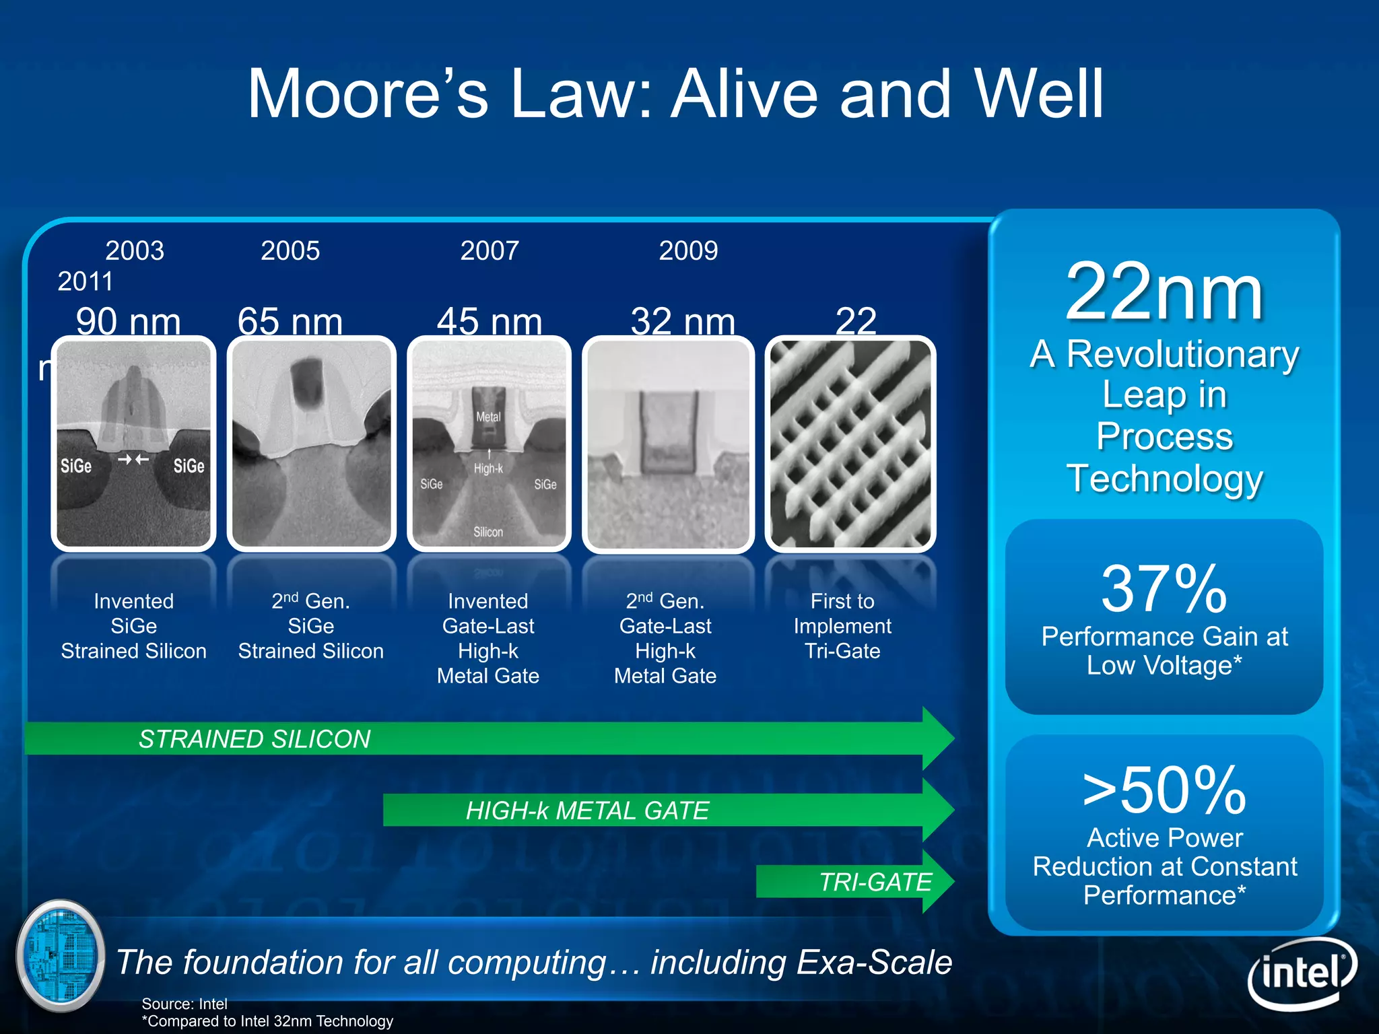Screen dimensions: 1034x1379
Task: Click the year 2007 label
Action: pyautogui.click(x=490, y=251)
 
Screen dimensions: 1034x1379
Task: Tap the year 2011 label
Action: pyautogui.click(x=85, y=281)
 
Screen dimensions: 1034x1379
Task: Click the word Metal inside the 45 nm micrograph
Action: pyautogui.click(x=488, y=417)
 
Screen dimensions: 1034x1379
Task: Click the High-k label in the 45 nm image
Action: pyautogui.click(x=488, y=469)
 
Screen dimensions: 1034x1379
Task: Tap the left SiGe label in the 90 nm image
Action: pyautogui.click(x=76, y=466)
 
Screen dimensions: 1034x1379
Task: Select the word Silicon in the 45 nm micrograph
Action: pyautogui.click(x=488, y=532)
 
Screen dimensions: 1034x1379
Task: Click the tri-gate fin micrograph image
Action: pyautogui.click(x=850, y=444)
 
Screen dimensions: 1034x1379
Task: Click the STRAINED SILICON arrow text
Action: pyautogui.click(x=255, y=739)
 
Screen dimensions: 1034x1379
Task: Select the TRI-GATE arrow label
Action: pyautogui.click(x=875, y=882)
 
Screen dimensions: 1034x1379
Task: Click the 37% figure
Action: pyautogui.click(x=1164, y=590)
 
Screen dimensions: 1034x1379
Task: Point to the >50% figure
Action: pyautogui.click(x=1164, y=790)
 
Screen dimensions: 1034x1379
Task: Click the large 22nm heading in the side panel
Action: pyautogui.click(x=1164, y=293)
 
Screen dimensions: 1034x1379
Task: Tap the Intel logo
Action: pyautogui.click(x=1302, y=973)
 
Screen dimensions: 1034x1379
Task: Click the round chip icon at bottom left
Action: pyautogui.click(x=61, y=956)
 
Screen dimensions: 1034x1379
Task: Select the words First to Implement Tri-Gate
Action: pyautogui.click(x=842, y=626)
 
